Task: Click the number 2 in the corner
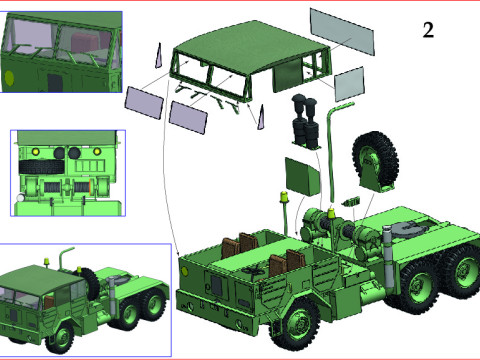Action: pyautogui.click(x=428, y=29)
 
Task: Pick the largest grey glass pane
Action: pyautogui.click(x=342, y=33)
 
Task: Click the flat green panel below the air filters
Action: pyautogui.click(x=302, y=175)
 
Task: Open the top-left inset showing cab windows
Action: pyautogui.click(x=60, y=52)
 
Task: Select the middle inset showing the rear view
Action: pyautogui.click(x=67, y=171)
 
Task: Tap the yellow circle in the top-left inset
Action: pyautogui.click(x=10, y=74)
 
